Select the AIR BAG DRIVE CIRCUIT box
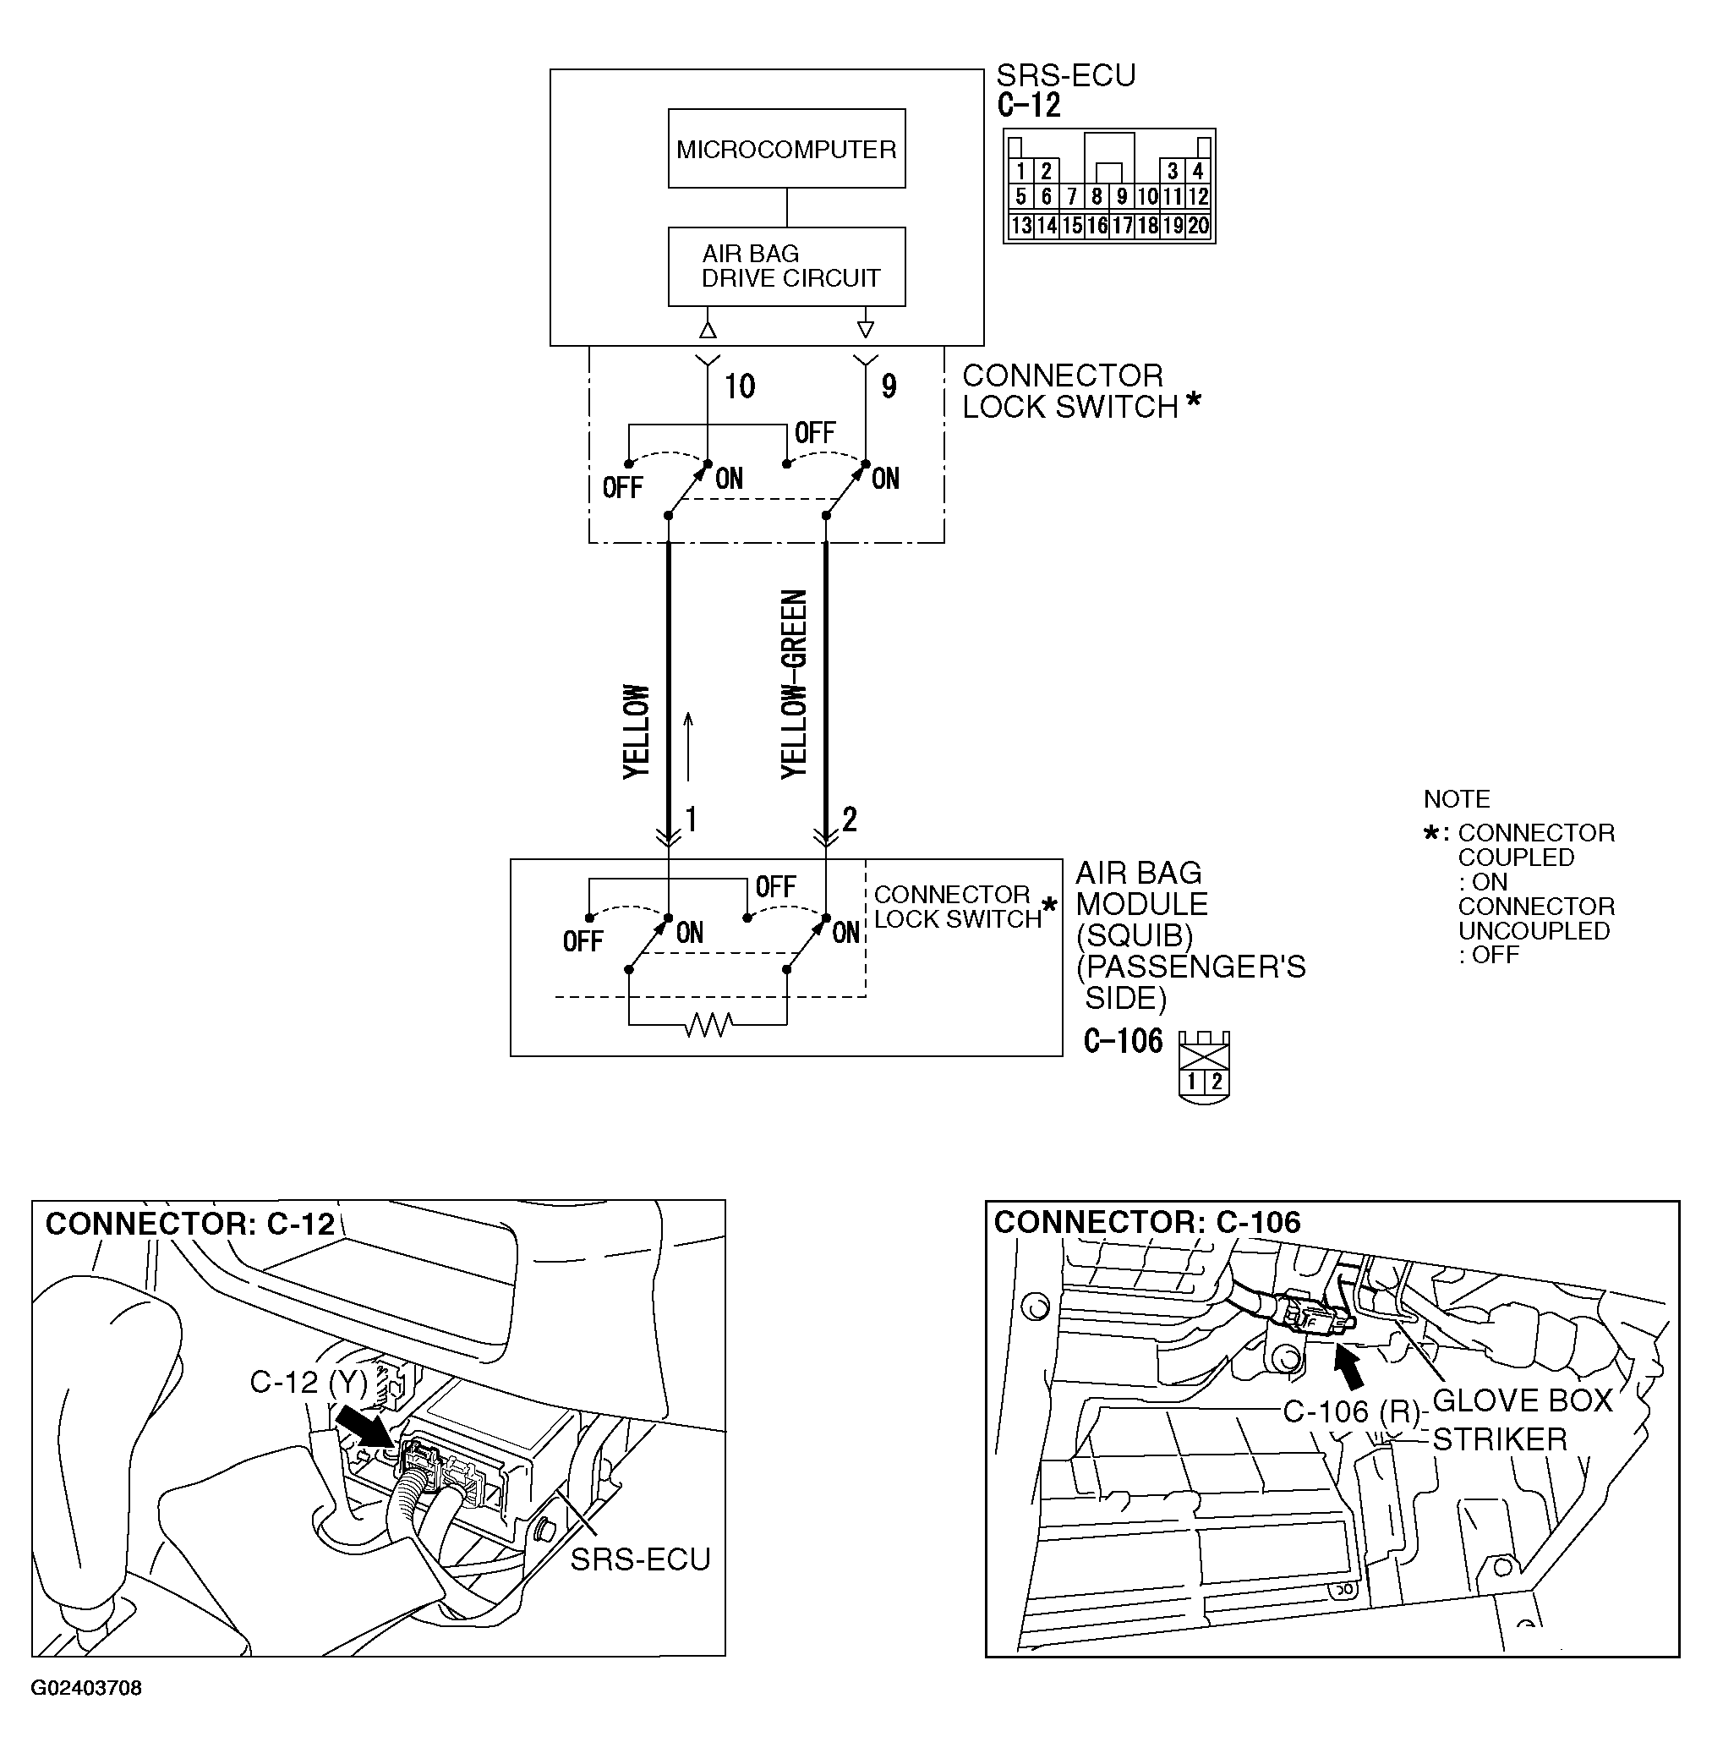point(786,266)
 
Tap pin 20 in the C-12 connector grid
point(1199,225)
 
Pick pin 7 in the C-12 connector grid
point(1072,196)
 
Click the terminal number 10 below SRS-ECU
point(739,386)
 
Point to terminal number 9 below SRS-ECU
point(889,386)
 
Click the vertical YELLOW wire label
point(636,732)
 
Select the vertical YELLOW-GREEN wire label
point(794,683)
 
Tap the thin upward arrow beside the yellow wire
point(689,746)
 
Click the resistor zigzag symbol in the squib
point(708,1024)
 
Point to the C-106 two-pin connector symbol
point(1204,1068)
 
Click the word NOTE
point(1457,798)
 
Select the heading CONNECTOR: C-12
point(189,1224)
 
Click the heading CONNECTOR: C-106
point(1146,1222)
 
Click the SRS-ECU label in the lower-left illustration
point(640,1559)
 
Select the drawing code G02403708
point(86,1688)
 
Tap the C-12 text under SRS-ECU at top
point(1029,105)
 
